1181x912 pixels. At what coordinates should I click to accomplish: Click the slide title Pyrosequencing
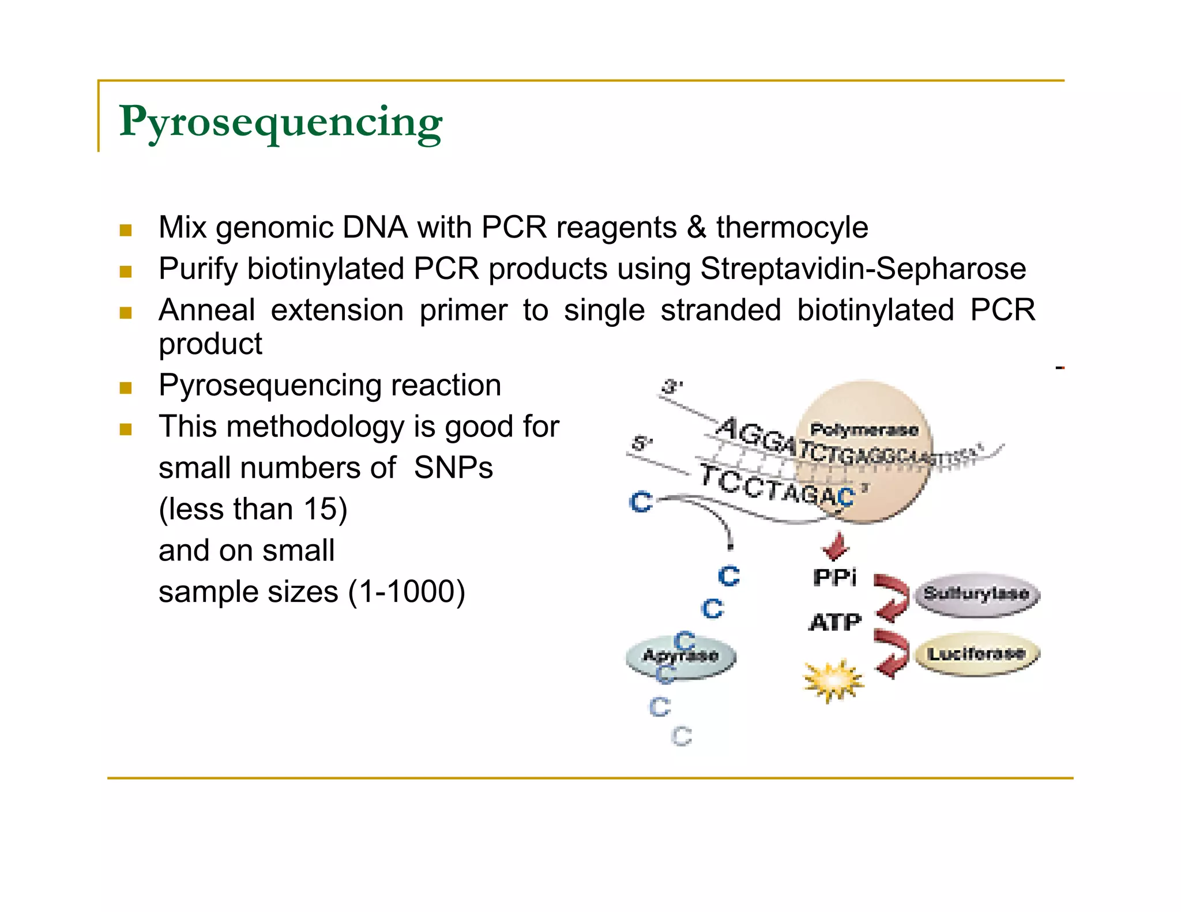pyautogui.click(x=280, y=122)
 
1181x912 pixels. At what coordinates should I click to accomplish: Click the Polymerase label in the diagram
pyautogui.click(x=863, y=429)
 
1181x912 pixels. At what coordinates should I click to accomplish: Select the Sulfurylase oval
pyautogui.click(x=977, y=594)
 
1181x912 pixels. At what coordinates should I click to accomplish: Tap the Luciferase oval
pyautogui.click(x=977, y=654)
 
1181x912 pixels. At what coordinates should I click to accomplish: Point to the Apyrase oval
pyautogui.click(x=680, y=657)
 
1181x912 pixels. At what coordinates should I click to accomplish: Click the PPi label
pyautogui.click(x=834, y=577)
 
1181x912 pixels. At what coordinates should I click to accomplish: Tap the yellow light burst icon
pyautogui.click(x=833, y=681)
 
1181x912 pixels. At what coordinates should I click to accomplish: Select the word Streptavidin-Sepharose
pyautogui.click(x=863, y=269)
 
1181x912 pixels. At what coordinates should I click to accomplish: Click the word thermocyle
pyautogui.click(x=792, y=227)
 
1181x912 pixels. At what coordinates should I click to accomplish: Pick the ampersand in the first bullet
pyautogui.click(x=696, y=227)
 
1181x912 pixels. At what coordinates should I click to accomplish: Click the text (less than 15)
pyautogui.click(x=253, y=509)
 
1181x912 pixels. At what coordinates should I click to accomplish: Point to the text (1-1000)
pyautogui.click(x=407, y=592)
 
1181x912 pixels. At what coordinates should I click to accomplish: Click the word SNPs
pyautogui.click(x=453, y=468)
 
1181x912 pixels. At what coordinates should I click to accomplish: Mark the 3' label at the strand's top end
pyautogui.click(x=672, y=386)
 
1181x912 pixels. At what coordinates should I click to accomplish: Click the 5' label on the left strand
pyautogui.click(x=641, y=443)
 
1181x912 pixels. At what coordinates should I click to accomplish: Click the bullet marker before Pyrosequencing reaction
pyautogui.click(x=126, y=387)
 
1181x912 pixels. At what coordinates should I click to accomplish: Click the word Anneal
pyautogui.click(x=206, y=310)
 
